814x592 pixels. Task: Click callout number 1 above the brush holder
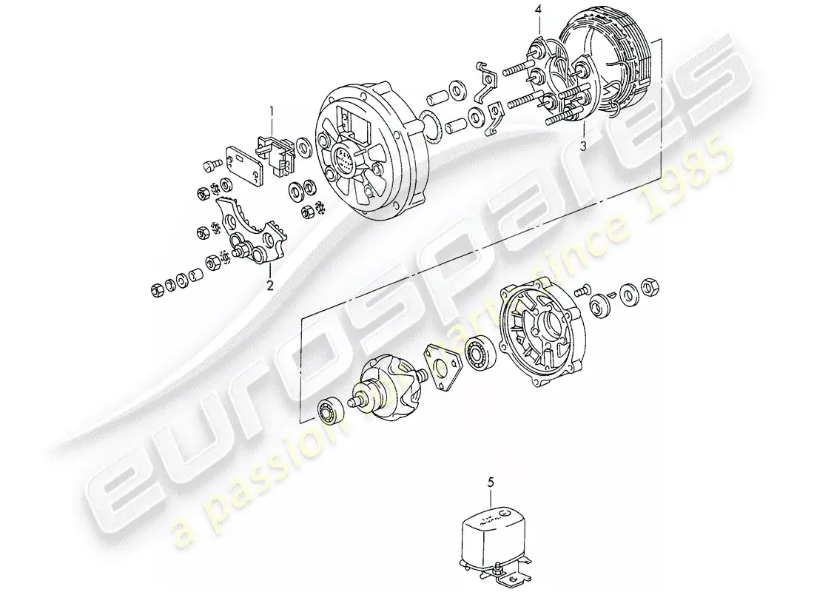click(272, 112)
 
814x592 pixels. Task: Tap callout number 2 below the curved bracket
click(269, 284)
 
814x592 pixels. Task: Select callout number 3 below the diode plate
click(583, 147)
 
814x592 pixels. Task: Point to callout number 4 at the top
click(539, 10)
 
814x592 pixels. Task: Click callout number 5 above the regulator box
click(489, 482)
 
